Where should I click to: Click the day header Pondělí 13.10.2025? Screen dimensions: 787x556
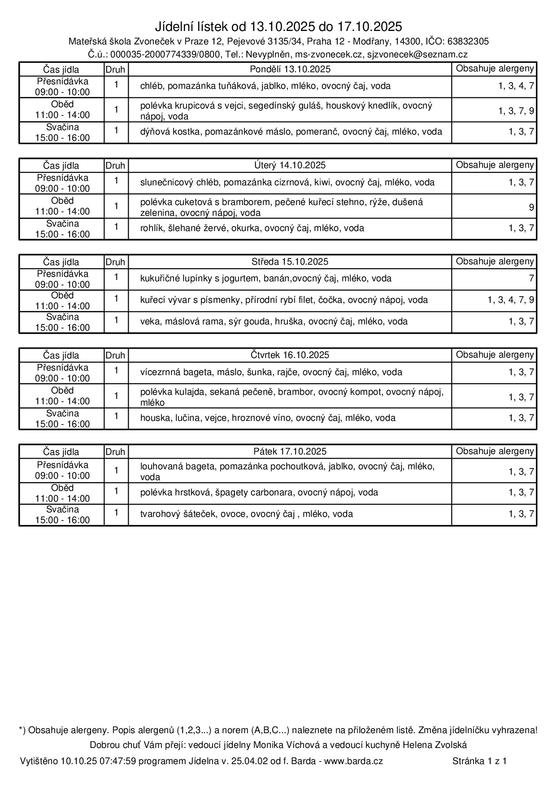point(290,69)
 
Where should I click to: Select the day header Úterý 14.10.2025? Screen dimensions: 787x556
point(290,165)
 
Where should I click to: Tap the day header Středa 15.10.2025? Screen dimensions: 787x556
point(290,262)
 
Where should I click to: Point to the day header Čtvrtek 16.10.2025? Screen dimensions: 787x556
point(290,355)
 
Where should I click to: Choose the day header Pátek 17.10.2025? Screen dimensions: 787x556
point(290,451)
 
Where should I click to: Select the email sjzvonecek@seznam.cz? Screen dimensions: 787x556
point(417,55)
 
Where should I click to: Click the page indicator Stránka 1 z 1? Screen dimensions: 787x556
point(479,761)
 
